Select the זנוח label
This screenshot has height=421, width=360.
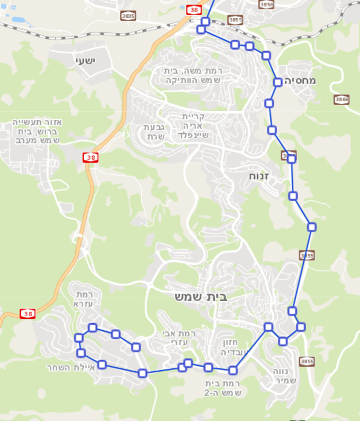tap(257, 175)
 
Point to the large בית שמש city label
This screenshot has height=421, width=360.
tap(201, 297)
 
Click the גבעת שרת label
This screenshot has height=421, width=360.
tap(155, 131)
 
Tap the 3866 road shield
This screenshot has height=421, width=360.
tap(341, 100)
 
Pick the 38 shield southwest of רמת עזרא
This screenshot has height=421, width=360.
tap(27, 314)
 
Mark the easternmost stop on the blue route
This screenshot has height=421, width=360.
tap(312, 227)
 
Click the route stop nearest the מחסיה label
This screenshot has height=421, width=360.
tap(278, 82)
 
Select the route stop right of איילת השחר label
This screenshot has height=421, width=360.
tap(102, 364)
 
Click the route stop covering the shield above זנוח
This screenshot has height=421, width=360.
tap(291, 158)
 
